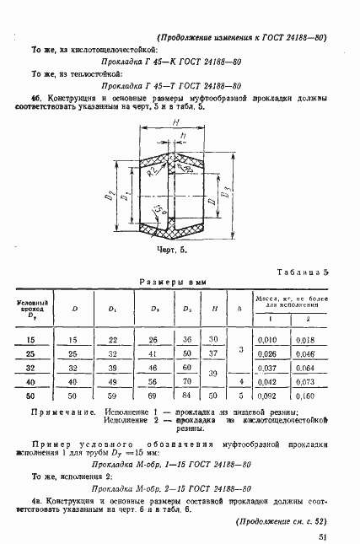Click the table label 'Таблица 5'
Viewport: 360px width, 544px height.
(x=300, y=272)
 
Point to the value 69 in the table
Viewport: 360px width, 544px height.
(x=153, y=396)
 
